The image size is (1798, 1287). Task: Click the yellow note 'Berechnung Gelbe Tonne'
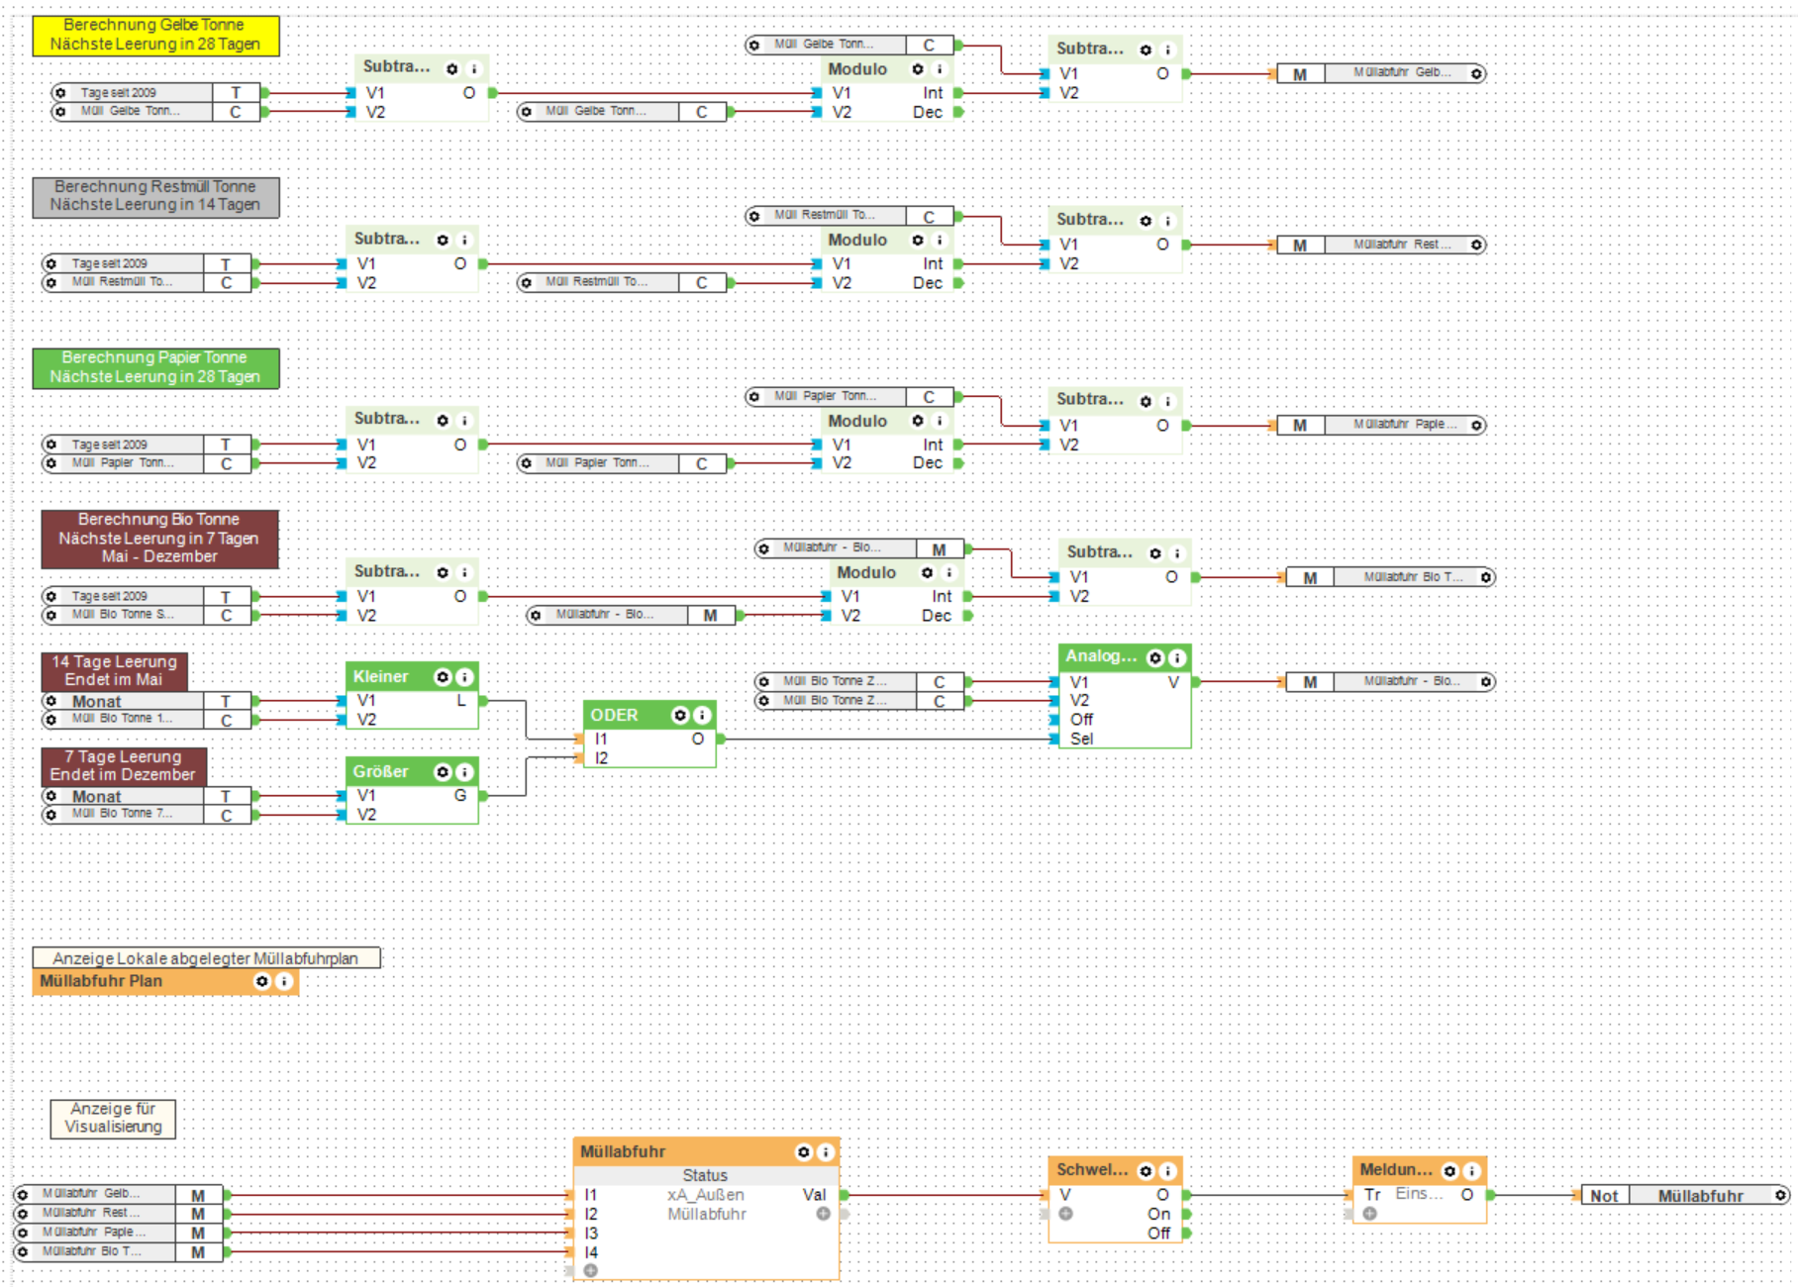[155, 35]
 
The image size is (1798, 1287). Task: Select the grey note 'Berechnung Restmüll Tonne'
[155, 196]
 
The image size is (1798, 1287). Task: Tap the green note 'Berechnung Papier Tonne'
[155, 367]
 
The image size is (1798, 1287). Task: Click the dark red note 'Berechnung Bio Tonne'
[158, 538]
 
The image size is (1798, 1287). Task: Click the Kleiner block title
[381, 677]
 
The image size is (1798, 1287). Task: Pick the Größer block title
[381, 772]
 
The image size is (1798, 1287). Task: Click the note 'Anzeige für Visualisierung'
[113, 1118]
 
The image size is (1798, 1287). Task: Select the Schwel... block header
[1092, 1170]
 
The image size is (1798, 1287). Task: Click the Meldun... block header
[1396, 1170]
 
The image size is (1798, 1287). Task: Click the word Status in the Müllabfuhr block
[705, 1175]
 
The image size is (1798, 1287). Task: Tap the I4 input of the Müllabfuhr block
[591, 1252]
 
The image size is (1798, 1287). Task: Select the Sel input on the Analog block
[1081, 739]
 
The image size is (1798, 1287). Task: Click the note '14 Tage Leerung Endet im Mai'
[114, 670]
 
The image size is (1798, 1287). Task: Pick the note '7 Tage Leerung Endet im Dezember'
[123, 765]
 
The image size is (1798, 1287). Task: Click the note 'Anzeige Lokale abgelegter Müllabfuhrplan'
[206, 958]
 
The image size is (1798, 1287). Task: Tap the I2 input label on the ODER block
[601, 758]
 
